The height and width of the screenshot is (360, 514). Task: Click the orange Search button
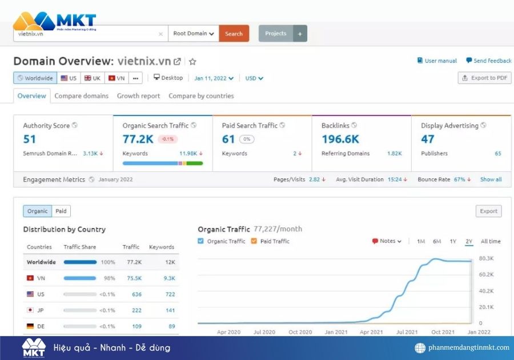tap(234, 34)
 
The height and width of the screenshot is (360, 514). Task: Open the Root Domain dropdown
tap(194, 34)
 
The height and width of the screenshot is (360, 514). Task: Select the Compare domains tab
tap(81, 96)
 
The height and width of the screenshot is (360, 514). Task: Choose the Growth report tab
tap(138, 96)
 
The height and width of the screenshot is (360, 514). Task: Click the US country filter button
tap(69, 78)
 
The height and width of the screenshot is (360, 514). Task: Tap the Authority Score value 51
tap(30, 139)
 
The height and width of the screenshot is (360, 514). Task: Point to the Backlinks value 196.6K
tap(340, 139)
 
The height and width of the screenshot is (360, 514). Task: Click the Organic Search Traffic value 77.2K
tap(138, 139)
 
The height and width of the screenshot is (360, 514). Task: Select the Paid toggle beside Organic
tap(61, 211)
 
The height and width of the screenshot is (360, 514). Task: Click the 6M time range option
tap(437, 241)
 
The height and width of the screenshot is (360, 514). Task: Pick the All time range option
tap(491, 241)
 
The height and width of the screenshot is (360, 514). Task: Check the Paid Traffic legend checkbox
tap(254, 241)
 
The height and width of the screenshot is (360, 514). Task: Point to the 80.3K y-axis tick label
tap(485, 259)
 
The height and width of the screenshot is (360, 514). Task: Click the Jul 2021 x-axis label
tap(407, 332)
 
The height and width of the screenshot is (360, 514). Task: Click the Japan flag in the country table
tap(30, 310)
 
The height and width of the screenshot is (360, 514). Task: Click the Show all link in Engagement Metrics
tap(491, 179)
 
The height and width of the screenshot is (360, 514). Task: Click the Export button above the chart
tap(488, 211)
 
